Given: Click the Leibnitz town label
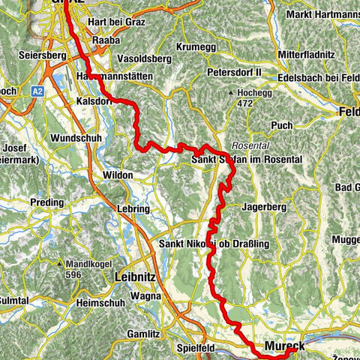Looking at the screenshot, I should (x=136, y=277).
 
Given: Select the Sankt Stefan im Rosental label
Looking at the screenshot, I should (x=235, y=160).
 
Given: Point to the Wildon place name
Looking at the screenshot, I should (x=117, y=175).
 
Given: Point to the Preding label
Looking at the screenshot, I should (x=47, y=202).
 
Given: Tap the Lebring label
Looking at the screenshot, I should (x=133, y=208).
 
